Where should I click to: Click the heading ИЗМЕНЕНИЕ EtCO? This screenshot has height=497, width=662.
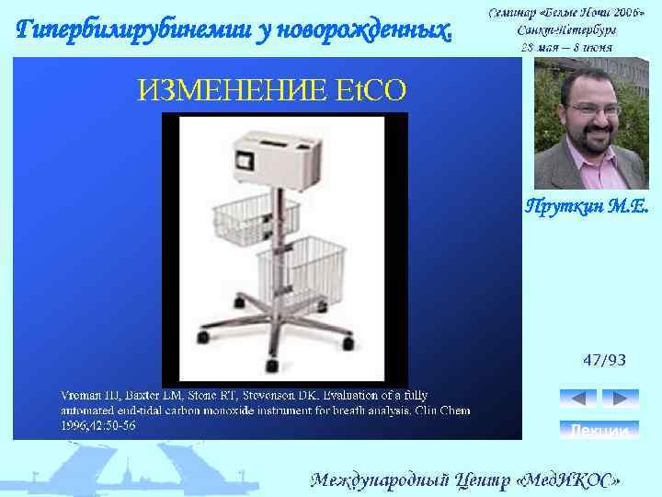[x=271, y=89]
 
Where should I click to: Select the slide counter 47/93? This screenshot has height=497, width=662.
[x=603, y=360]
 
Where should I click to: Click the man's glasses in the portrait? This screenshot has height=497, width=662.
[x=594, y=110]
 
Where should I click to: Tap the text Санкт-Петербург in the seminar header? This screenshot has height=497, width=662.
[x=566, y=29]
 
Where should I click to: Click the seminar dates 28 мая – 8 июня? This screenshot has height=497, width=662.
[x=566, y=45]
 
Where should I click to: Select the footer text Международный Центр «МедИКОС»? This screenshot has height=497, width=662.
[x=464, y=480]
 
